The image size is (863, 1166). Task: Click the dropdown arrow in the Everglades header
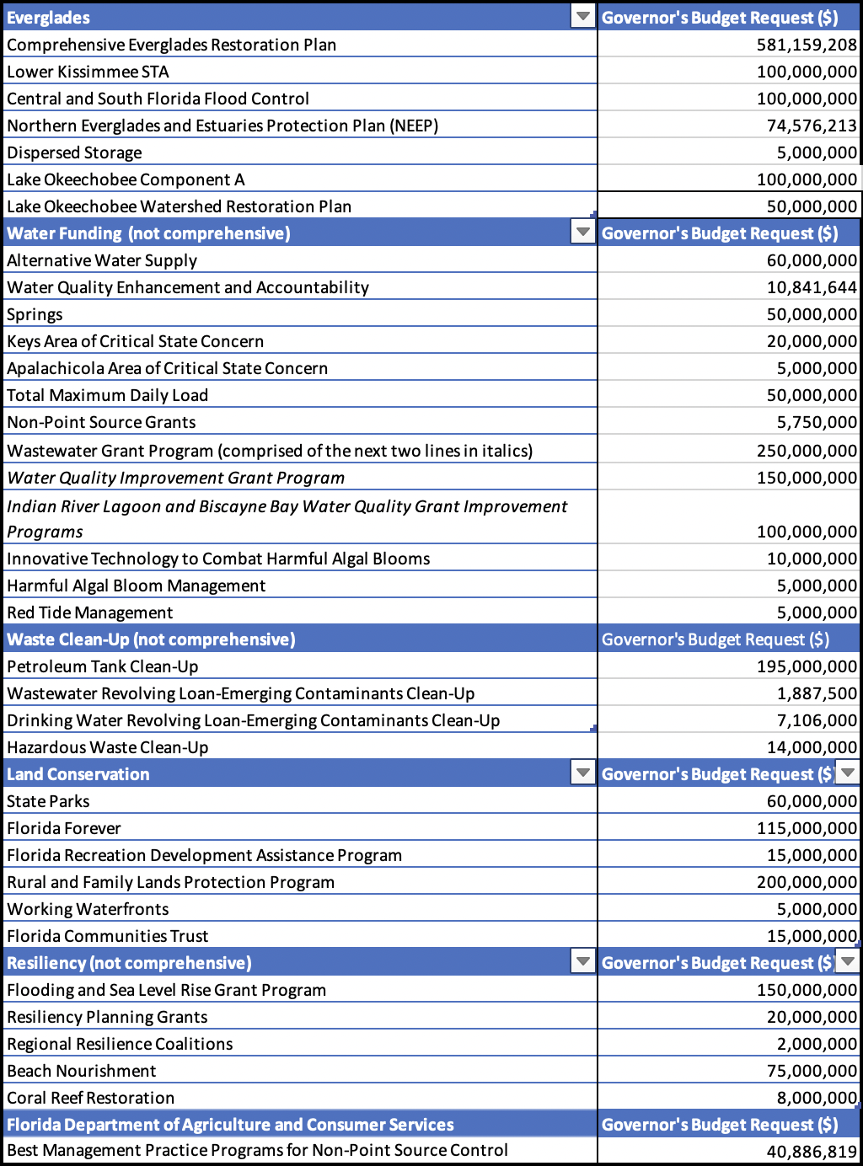(x=582, y=17)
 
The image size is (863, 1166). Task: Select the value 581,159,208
(x=807, y=45)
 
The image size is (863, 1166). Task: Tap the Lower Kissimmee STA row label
(x=88, y=72)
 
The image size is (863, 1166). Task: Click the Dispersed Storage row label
(x=74, y=152)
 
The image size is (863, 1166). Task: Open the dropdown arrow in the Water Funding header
(x=582, y=233)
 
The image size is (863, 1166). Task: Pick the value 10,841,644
(x=812, y=287)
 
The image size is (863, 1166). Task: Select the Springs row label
(x=35, y=314)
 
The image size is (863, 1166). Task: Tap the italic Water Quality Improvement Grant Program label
(x=175, y=478)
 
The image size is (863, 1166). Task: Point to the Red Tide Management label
(x=89, y=612)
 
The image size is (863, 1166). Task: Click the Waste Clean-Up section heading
(x=151, y=639)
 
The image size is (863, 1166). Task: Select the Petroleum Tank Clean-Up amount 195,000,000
(x=807, y=666)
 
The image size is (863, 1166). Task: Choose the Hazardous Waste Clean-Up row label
(x=107, y=747)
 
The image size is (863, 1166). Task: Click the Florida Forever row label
(x=64, y=828)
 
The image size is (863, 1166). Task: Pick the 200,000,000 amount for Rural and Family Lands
(x=807, y=882)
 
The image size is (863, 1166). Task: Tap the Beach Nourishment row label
(x=82, y=1071)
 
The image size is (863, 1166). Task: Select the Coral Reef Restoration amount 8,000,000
(x=817, y=1098)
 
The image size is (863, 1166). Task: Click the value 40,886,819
(x=812, y=1151)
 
